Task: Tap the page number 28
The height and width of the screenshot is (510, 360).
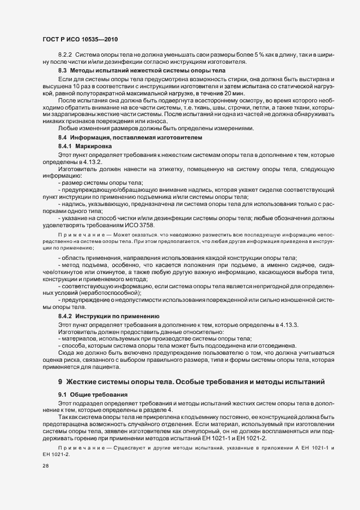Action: (46, 466)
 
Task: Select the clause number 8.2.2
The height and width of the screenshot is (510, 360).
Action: (66, 55)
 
